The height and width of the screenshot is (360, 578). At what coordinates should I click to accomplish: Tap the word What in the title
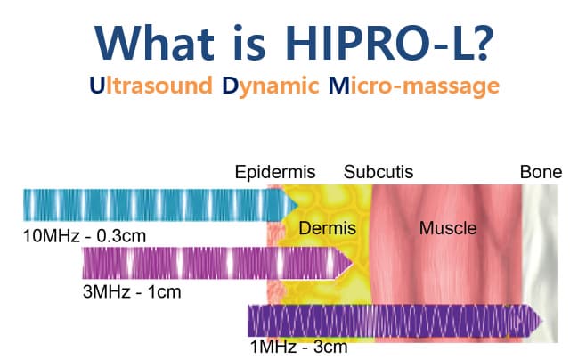point(155,43)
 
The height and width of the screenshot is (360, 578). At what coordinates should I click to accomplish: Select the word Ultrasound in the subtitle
point(151,86)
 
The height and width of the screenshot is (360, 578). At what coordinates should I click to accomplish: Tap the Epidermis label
point(275,172)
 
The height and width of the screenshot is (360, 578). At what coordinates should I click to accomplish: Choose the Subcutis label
point(379,172)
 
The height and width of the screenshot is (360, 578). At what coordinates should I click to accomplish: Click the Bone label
point(541,172)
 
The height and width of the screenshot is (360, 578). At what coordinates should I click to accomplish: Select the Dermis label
point(328,228)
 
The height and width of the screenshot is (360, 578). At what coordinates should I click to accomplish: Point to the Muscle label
point(448,228)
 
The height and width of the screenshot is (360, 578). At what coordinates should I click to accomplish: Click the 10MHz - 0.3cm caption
point(85,236)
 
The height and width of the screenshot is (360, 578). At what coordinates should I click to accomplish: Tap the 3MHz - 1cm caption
point(132,292)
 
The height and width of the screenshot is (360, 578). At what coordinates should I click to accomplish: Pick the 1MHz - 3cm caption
point(299,347)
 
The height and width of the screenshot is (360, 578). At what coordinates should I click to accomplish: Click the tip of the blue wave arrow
point(297,205)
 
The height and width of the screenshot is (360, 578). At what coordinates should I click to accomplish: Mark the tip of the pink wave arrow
point(353,263)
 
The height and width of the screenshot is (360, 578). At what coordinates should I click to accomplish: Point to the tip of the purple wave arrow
point(543,322)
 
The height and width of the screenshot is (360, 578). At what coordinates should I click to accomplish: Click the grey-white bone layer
point(540,264)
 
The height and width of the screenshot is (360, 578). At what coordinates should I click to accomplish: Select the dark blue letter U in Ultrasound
point(97,86)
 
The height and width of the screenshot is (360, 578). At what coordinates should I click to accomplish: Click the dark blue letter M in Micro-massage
point(338,86)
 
